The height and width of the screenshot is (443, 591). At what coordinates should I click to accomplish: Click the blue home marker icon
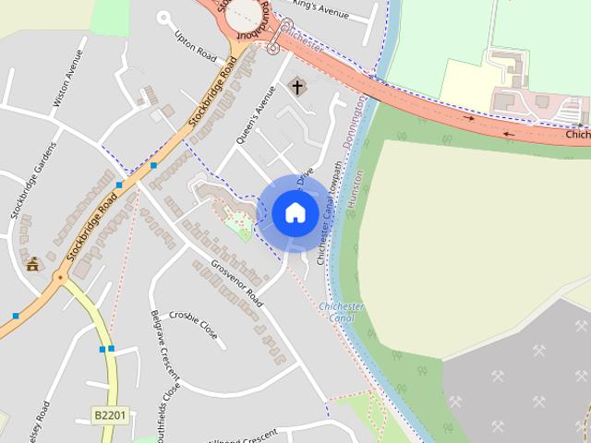[x=295, y=213]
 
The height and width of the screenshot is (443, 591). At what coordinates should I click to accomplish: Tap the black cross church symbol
[x=297, y=88]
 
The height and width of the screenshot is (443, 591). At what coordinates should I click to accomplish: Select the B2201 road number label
[x=109, y=417]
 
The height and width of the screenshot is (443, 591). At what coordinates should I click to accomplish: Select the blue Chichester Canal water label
[x=341, y=312]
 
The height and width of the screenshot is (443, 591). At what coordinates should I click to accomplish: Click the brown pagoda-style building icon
[x=33, y=264]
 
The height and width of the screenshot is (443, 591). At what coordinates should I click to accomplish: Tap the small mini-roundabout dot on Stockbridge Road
[x=60, y=276]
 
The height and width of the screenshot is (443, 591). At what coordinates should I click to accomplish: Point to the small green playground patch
[x=239, y=225]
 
